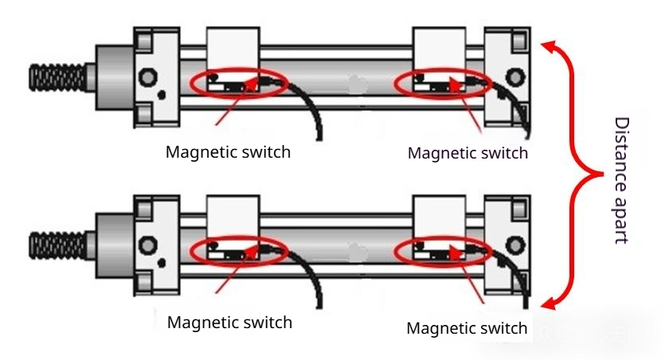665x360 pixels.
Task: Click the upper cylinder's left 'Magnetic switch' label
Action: coord(228,151)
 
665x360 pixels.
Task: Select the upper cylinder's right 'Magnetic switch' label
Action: coord(467,153)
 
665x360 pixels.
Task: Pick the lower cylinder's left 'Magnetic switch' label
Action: coord(229,323)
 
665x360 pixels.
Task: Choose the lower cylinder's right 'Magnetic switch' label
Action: coord(467,328)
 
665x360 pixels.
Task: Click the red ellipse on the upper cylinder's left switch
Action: coord(237,83)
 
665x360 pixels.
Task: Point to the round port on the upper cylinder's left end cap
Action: coord(146,78)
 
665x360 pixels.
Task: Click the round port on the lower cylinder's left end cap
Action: coord(146,243)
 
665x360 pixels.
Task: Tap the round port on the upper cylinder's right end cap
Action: coord(514,76)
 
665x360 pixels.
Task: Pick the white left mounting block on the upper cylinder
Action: coord(233,48)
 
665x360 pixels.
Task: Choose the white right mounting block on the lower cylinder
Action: coord(438,215)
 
